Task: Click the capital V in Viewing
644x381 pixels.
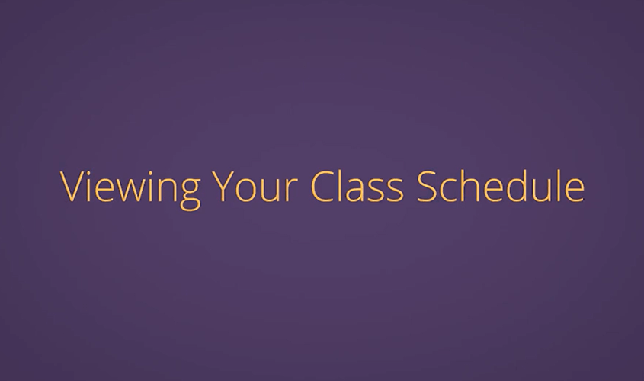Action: (72, 187)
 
